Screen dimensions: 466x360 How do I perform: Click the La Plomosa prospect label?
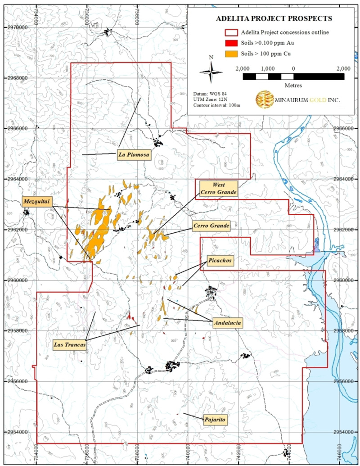click(134, 154)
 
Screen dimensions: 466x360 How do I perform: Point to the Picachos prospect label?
click(221, 261)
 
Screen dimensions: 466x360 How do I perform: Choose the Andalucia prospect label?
click(228, 323)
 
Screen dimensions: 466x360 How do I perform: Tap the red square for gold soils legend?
click(230, 43)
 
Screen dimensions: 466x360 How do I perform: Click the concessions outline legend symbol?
click(230, 32)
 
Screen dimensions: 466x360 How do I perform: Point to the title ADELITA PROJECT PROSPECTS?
click(274, 19)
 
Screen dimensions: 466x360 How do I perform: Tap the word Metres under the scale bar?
click(293, 85)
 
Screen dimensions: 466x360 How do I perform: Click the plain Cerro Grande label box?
click(211, 225)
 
